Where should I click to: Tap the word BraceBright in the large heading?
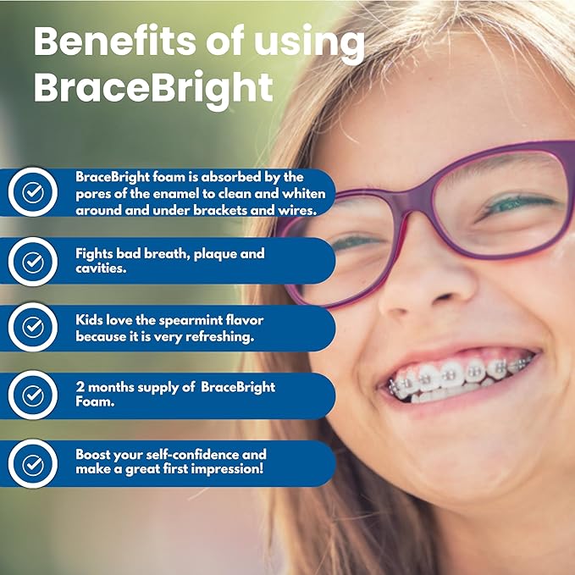pos(153,86)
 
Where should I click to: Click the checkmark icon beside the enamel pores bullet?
pos(33,193)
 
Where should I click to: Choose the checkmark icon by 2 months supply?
pos(33,395)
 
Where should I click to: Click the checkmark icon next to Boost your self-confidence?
pos(33,464)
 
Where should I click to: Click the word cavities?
pos(102,269)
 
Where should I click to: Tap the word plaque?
pos(211,253)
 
